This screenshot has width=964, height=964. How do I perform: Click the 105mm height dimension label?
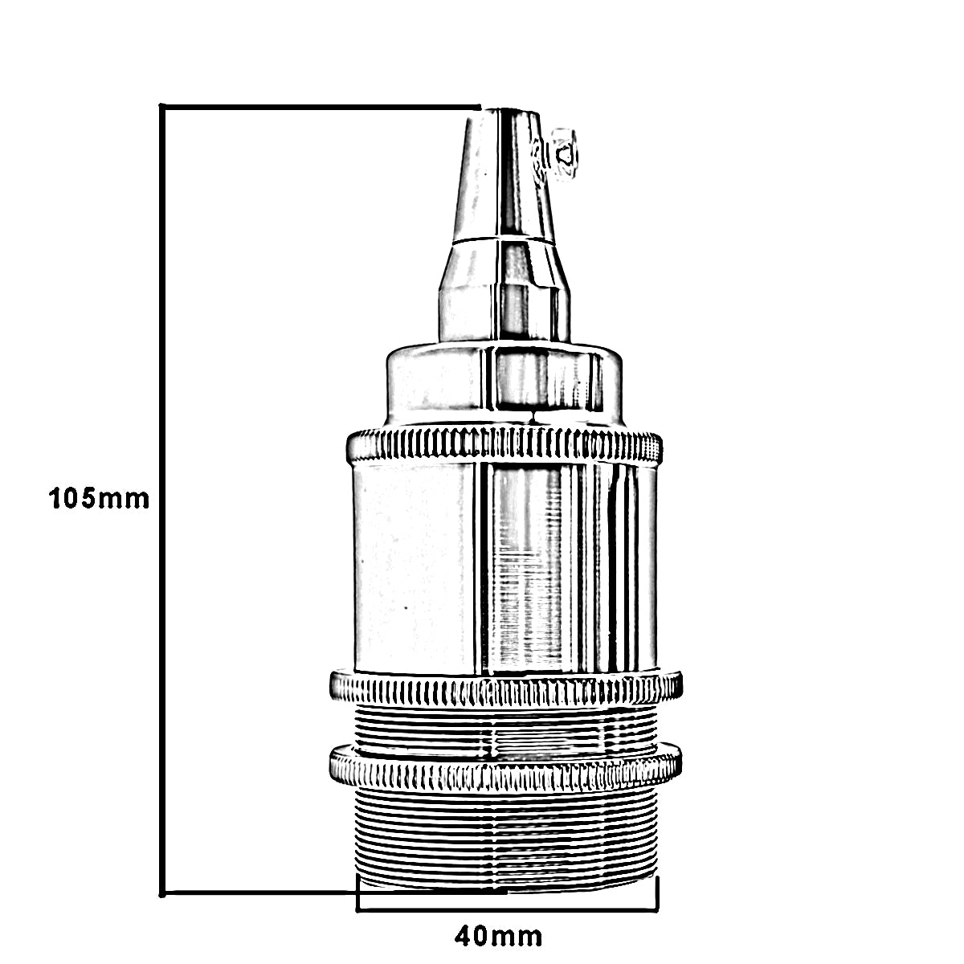point(99,498)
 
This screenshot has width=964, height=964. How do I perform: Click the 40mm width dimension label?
point(498,936)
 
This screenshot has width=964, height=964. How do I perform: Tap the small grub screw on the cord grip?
point(566,153)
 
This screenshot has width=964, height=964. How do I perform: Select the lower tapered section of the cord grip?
point(504,289)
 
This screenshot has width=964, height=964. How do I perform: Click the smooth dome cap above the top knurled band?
point(504,386)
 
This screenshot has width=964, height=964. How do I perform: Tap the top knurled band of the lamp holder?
point(504,445)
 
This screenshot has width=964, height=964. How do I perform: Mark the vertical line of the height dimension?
point(163,498)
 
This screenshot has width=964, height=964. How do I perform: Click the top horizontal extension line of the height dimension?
point(321,107)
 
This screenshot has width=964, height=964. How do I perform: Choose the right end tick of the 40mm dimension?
point(658,893)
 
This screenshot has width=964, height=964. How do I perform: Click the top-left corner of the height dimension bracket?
point(163,107)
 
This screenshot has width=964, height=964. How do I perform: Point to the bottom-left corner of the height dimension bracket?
point(163,892)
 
